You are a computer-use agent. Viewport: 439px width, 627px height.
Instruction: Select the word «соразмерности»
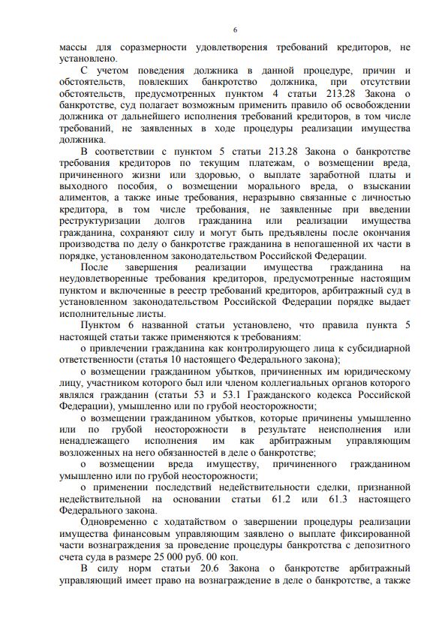point(150,47)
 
